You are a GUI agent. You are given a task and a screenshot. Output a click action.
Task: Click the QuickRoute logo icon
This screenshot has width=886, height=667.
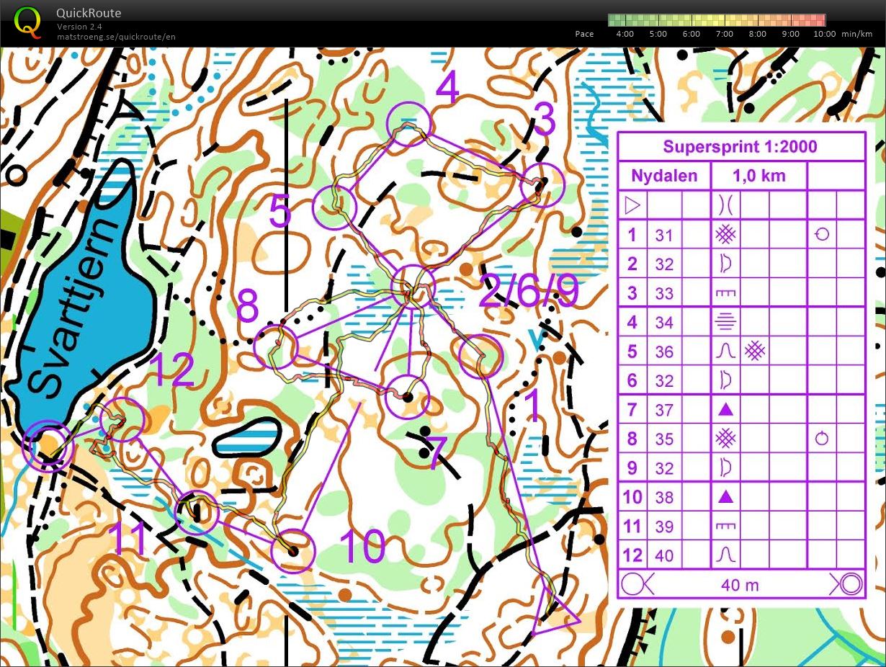27,21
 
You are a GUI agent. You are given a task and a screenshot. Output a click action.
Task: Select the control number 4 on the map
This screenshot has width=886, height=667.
447,88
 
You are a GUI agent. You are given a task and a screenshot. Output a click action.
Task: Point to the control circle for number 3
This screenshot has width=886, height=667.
542,184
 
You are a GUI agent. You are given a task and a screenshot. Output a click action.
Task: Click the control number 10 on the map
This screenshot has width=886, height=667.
362,547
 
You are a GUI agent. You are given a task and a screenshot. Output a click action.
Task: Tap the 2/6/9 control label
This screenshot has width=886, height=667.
528,292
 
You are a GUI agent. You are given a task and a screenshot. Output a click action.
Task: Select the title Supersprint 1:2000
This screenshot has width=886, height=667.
740,147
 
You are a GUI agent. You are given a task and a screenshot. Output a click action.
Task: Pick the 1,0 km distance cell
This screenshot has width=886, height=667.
759,176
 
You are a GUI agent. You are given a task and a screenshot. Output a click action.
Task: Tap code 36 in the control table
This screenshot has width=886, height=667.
664,352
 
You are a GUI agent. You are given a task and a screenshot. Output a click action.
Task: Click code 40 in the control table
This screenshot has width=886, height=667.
664,556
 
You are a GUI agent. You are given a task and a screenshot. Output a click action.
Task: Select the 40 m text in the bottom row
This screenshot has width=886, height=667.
740,585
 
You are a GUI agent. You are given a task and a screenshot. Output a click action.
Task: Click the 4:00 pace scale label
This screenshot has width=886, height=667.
625,34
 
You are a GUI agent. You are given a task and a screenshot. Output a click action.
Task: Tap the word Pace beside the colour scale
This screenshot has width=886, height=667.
584,34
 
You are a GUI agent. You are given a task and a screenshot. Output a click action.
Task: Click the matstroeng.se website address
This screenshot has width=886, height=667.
116,37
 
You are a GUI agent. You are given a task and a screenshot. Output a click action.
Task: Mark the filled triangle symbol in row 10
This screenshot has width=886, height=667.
725,497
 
